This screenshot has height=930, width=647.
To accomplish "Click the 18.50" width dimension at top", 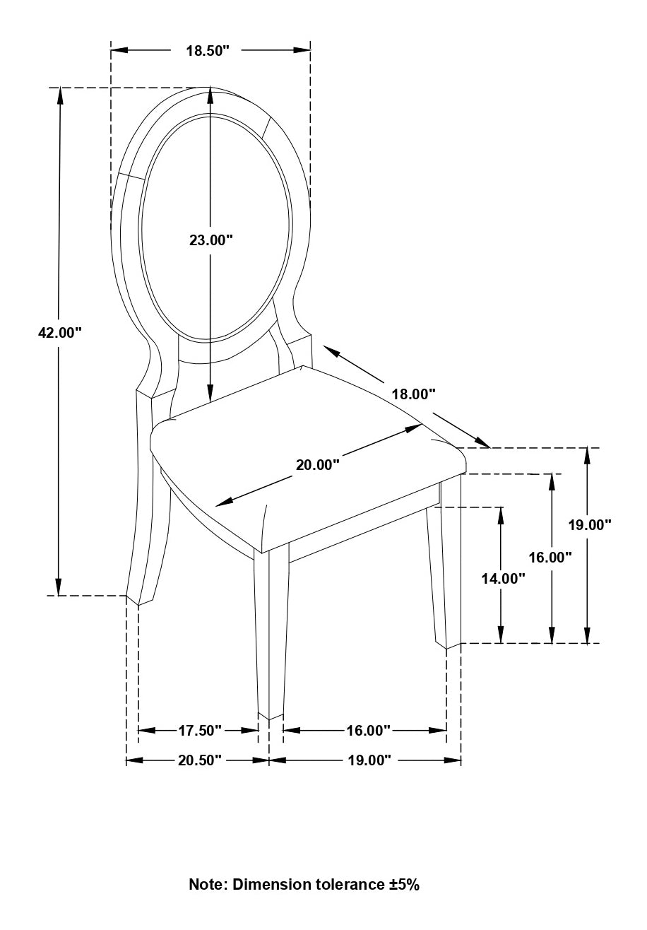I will coord(208,50).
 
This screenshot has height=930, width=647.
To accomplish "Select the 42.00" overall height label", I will coord(60,332).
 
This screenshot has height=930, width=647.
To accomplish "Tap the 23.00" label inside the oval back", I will coord(210,240).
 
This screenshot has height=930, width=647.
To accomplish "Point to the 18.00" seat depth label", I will coord(414,394).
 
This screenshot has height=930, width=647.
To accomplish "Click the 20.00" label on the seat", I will coord(318,464).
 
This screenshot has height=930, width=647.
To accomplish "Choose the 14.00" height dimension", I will coord(503,578).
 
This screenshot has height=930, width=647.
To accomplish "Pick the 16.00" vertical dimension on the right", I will coord(550,557).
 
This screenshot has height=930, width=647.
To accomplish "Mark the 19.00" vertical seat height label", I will coord(590,524).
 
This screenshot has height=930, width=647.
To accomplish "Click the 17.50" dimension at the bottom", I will coord(200,730).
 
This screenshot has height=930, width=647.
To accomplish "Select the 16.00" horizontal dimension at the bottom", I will coord(368,730).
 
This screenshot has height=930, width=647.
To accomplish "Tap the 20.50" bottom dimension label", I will coord(200,760).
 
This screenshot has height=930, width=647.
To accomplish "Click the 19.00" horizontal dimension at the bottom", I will coord(368,760).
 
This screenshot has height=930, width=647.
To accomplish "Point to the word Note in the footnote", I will coord(208,884).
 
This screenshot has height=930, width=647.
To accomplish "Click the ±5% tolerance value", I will coord(403,884).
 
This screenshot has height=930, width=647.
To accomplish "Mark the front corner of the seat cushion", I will coord(262,552).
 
